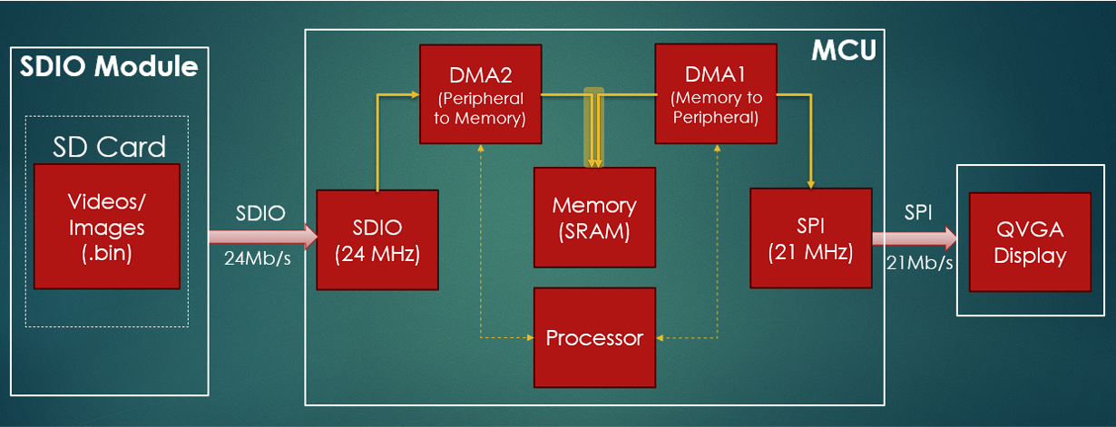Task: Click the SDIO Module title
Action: coord(109,67)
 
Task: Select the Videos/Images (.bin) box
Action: coord(107,226)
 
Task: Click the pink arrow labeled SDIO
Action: coord(262,238)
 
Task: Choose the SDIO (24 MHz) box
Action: coord(377,239)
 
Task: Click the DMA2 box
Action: coord(480,93)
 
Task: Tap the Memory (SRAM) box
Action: coord(594,218)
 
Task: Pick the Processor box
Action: coord(594,338)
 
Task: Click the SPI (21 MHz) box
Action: coord(810,239)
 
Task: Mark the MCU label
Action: coord(843,51)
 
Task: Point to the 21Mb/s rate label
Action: coord(920,264)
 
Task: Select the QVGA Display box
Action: coord(1030,242)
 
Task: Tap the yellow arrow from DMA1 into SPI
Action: coord(810,136)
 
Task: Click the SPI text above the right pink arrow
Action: coord(917,212)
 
